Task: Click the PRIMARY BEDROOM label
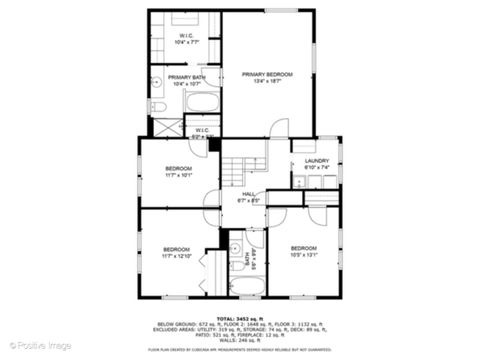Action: click(266, 77)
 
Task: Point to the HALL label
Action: click(248, 197)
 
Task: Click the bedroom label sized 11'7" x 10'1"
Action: click(178, 171)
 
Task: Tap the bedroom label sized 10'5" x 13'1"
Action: click(304, 250)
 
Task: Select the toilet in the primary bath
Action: click(159, 105)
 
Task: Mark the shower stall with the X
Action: click(165, 128)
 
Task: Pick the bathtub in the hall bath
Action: click(247, 286)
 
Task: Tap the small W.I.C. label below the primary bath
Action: click(201, 131)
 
